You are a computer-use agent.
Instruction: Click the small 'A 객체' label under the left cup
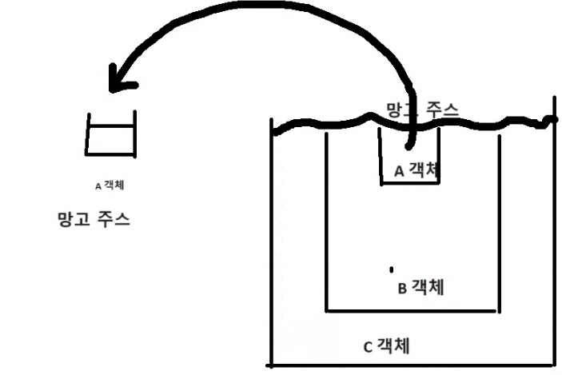[x=110, y=186]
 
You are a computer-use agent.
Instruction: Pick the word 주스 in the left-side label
[x=114, y=218]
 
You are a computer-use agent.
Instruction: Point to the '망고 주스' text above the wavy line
[x=422, y=109]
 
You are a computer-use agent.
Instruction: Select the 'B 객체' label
[x=421, y=287]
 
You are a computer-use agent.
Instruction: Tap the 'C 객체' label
[x=387, y=346]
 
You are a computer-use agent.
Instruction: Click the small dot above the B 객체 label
[x=391, y=268]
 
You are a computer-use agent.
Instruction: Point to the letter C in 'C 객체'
[x=368, y=347]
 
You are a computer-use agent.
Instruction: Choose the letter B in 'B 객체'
[x=402, y=288]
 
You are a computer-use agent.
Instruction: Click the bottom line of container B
[x=413, y=309]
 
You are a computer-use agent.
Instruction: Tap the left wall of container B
[x=326, y=224]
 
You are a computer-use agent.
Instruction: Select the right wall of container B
[x=500, y=224]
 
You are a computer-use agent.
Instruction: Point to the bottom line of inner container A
[x=409, y=183]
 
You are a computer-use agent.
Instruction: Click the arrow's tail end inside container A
[x=409, y=146]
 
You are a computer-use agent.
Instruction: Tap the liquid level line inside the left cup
[x=111, y=126]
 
